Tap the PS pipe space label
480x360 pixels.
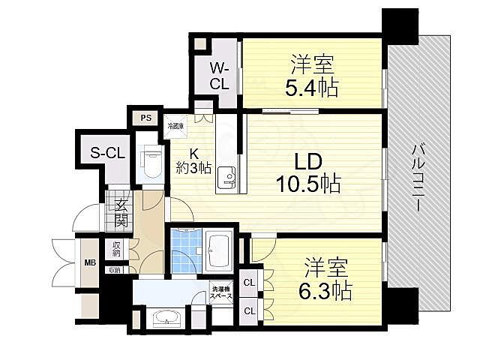click(145, 118)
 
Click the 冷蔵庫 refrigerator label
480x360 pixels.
click(175, 126)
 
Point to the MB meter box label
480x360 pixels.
click(89, 262)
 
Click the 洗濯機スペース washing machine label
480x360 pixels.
click(221, 294)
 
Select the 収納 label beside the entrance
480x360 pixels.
click(118, 249)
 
